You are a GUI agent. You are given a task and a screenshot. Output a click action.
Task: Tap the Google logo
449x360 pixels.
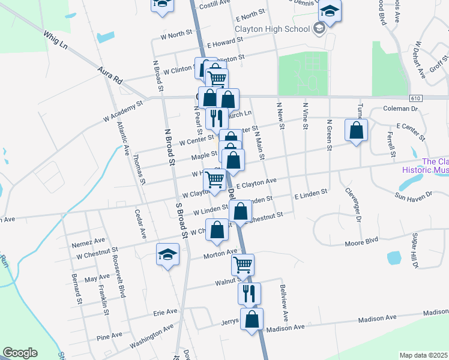click(x=20, y=353)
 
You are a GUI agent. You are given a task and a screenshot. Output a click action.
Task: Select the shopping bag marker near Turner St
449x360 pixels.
click(x=357, y=131)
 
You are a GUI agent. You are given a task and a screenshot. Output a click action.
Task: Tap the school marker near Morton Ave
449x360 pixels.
click(x=168, y=254)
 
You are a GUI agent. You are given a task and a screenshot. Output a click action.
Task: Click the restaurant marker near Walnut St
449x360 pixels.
click(x=249, y=293)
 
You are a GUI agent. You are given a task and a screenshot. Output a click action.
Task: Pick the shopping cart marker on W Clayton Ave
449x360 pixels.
click(x=215, y=179)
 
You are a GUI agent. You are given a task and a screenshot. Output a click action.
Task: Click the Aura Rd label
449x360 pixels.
click(x=110, y=75)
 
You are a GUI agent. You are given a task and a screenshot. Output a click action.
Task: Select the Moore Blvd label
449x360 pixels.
click(x=361, y=242)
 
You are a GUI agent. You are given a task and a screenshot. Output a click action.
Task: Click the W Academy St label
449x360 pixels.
click(x=123, y=111)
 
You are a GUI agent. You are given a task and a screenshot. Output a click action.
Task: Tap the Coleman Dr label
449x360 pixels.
click(x=401, y=109)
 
